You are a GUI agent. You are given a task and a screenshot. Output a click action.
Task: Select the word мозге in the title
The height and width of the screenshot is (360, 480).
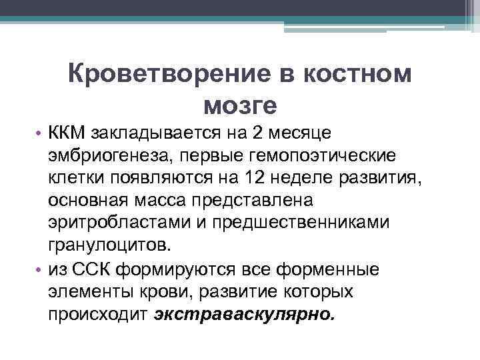coord(239,104)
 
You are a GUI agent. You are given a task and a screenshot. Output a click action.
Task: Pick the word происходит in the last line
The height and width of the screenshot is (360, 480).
coord(97,314)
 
